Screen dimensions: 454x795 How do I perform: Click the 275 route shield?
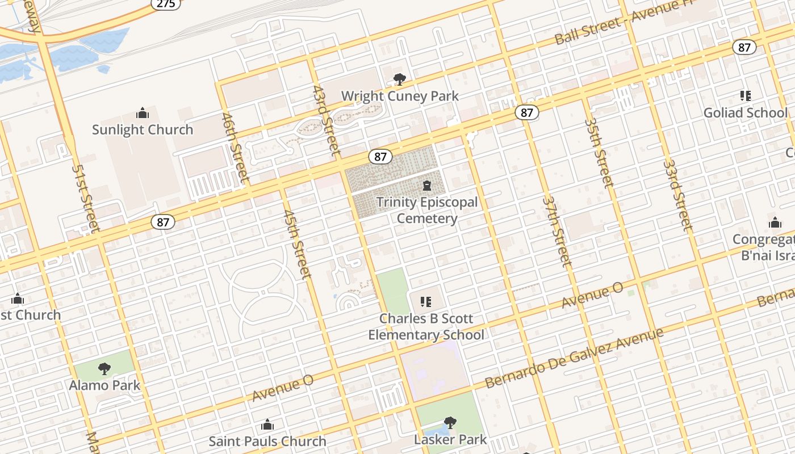click(x=166, y=3)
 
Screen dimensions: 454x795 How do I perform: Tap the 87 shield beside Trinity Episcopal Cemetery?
click(x=380, y=157)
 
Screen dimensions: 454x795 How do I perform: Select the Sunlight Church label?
click(x=143, y=130)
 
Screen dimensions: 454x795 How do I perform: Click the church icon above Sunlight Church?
click(x=143, y=113)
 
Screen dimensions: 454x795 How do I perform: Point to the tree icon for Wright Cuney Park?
click(x=400, y=79)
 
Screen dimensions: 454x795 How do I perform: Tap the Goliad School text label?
click(x=746, y=113)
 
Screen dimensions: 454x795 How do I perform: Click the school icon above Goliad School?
click(x=745, y=96)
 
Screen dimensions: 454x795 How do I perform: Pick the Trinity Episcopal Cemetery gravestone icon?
click(x=426, y=186)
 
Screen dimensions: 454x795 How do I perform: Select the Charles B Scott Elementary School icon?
click(x=425, y=302)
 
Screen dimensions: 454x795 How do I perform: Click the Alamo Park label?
click(x=104, y=385)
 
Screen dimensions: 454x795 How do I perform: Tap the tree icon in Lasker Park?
click(x=450, y=423)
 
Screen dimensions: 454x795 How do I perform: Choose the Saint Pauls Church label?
click(x=267, y=441)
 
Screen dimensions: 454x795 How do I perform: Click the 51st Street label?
click(x=86, y=198)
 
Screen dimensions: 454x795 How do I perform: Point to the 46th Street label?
click(x=236, y=148)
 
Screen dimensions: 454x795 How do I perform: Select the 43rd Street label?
click(x=327, y=120)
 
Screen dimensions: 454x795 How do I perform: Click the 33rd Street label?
click(x=678, y=195)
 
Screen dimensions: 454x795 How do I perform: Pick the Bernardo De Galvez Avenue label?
click(x=574, y=358)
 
